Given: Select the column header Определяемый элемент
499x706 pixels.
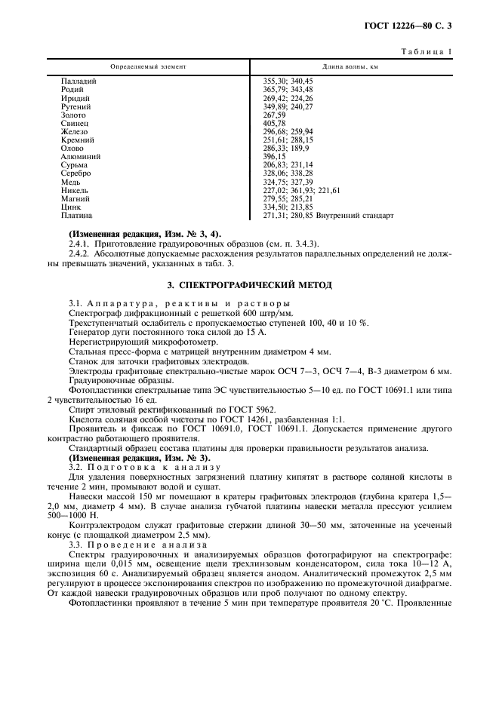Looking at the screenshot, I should [x=148, y=66].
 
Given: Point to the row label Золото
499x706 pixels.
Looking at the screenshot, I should [x=73, y=115].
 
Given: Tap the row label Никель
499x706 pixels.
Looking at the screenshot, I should [x=75, y=190].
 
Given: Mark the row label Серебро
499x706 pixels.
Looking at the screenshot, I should [x=76, y=173].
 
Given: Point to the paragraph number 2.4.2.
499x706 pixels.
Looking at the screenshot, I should [x=81, y=254].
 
